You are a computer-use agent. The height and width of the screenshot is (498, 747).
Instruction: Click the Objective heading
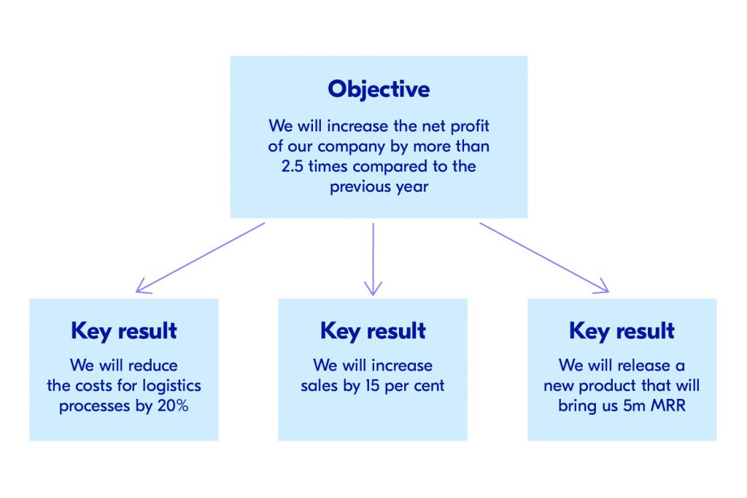(379, 89)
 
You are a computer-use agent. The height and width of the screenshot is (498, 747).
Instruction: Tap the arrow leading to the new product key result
(543, 258)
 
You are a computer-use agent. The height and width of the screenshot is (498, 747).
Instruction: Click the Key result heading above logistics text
(124, 331)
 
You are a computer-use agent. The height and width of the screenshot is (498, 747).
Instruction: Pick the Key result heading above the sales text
(373, 331)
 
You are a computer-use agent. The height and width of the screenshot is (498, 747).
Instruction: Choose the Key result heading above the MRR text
(622, 331)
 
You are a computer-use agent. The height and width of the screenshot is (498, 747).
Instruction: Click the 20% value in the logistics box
(173, 406)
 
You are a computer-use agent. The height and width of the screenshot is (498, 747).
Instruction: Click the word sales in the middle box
(320, 385)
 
